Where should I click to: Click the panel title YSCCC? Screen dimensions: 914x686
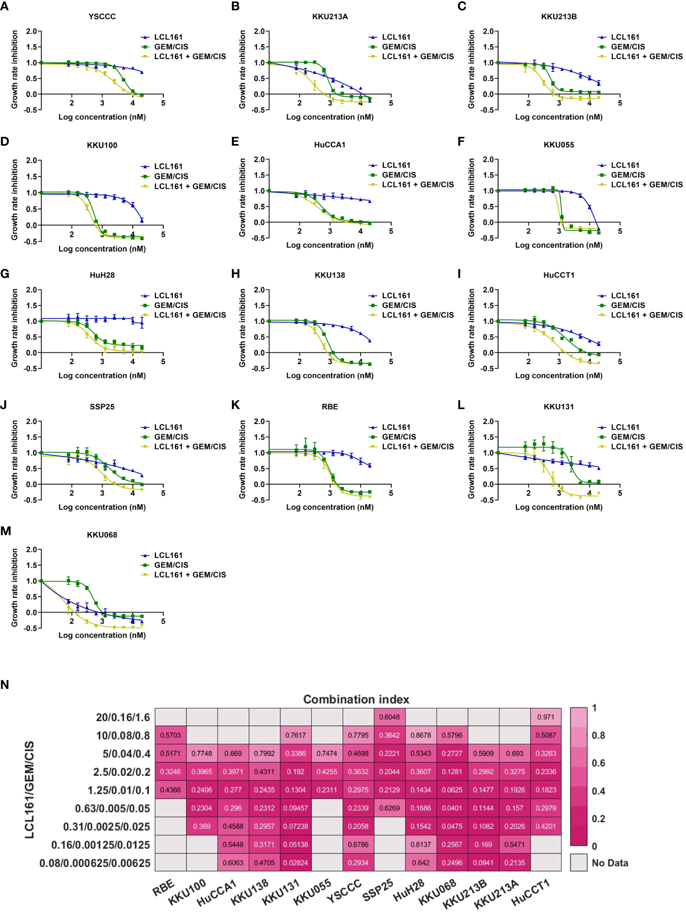click(102, 17)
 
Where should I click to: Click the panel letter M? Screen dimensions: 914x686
click(6, 531)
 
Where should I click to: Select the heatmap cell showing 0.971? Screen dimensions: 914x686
click(546, 717)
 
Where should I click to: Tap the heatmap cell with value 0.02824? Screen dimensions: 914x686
click(296, 863)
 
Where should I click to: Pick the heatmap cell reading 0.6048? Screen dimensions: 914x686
click(390, 717)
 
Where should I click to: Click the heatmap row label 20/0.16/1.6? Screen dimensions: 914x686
click(123, 718)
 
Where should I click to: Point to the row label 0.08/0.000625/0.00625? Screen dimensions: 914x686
click(95, 863)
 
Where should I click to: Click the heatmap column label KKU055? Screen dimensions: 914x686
click(313, 891)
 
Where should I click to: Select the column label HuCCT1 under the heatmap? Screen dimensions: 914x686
click(530, 892)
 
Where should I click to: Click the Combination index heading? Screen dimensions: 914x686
click(356, 699)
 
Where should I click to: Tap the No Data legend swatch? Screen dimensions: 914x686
click(578, 863)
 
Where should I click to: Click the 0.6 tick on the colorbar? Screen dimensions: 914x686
click(598, 763)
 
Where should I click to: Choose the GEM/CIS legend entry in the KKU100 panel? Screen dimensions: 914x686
click(171, 176)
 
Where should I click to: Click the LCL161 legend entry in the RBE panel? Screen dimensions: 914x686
click(396, 427)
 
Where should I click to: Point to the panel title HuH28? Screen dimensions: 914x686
click(102, 275)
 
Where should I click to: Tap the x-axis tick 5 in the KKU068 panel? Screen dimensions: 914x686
click(163, 621)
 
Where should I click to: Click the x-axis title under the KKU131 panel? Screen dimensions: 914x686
click(559, 507)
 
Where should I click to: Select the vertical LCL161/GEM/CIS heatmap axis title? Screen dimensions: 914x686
click(29, 789)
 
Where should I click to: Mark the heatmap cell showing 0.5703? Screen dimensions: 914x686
click(170, 735)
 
